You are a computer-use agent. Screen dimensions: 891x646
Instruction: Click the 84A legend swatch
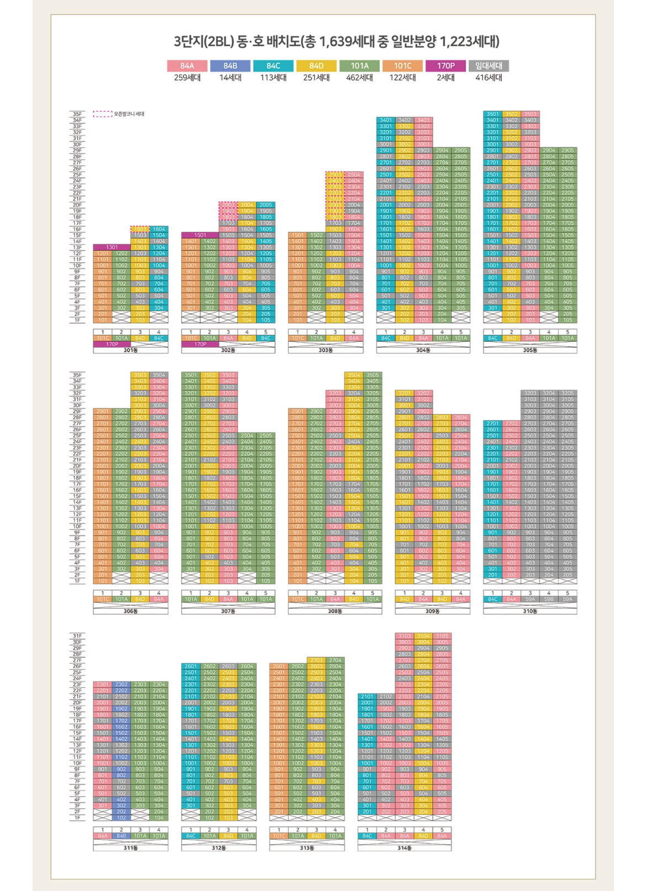[187, 66]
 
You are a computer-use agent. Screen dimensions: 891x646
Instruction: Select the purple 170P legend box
[446, 66]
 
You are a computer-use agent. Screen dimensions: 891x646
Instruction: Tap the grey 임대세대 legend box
[489, 66]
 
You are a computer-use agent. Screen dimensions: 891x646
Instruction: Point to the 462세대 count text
[359, 78]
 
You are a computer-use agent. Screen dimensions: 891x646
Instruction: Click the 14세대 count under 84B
[230, 78]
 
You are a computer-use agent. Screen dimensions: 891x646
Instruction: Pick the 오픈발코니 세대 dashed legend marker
[103, 114]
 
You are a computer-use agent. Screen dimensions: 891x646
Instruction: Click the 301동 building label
[130, 350]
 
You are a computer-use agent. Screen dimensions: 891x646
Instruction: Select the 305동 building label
[529, 350]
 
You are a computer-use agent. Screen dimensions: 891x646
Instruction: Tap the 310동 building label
[529, 611]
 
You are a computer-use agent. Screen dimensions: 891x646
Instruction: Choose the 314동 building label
[404, 847]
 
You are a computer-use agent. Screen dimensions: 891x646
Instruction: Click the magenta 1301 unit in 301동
[112, 247]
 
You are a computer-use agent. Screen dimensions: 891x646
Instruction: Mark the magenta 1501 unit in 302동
[200, 235]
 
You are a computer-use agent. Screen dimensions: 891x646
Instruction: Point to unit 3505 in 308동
[373, 375]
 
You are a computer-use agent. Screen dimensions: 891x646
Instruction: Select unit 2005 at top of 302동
[266, 205]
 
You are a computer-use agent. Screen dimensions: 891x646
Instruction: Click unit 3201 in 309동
[404, 393]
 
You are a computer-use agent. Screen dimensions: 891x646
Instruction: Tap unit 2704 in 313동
[335, 660]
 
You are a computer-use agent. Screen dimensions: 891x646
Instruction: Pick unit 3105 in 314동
[442, 636]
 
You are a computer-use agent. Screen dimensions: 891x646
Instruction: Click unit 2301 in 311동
[103, 685]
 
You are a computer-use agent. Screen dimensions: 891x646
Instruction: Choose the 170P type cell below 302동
[200, 344]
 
